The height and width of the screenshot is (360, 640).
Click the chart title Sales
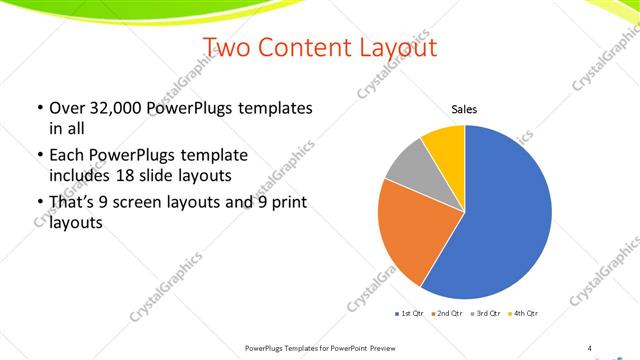coord(465,109)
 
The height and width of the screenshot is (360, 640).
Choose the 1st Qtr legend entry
coord(410,314)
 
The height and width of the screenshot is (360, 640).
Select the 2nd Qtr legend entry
coord(446,314)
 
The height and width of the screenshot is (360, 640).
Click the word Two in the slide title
coord(227,47)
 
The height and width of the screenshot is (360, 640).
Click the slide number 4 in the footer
coord(589,348)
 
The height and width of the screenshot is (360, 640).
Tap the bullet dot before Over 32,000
coord(39,108)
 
